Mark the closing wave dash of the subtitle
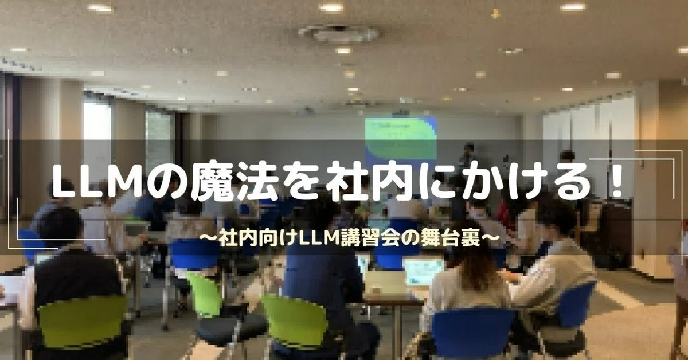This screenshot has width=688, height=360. [x=490, y=238]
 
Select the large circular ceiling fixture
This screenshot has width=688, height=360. [x=338, y=33]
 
